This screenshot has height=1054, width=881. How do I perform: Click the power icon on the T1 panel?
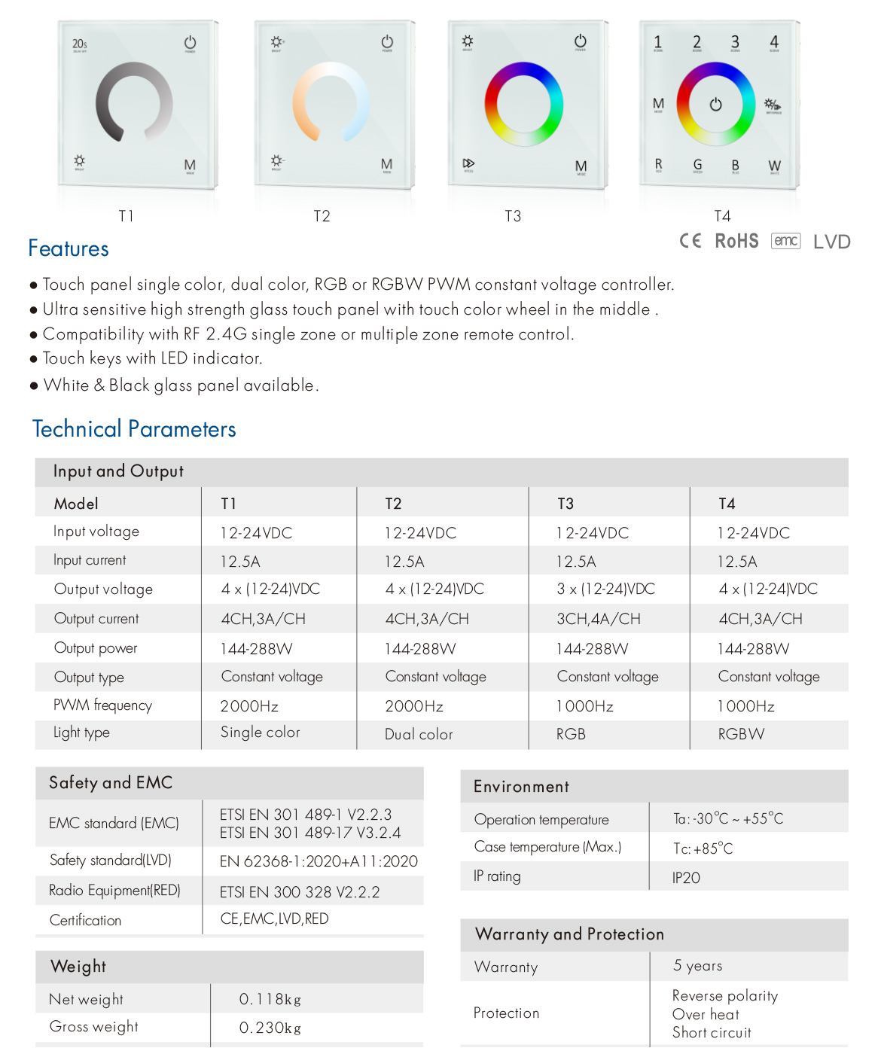point(190,43)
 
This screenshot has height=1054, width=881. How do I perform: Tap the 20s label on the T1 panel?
point(79,44)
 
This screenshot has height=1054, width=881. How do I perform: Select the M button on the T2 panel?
point(386,164)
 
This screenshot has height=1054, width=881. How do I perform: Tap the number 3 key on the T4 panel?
point(735,42)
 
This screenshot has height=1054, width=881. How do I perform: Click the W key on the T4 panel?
point(774,166)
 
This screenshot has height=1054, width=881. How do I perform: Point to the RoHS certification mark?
point(736,241)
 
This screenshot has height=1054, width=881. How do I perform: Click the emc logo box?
point(785,241)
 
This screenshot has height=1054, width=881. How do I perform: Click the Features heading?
point(69,248)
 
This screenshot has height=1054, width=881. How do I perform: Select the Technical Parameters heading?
point(134,429)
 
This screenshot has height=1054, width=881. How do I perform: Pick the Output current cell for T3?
point(599,619)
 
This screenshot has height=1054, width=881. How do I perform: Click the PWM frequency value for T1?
point(249,706)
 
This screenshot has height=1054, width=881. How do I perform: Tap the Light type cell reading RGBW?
point(741,734)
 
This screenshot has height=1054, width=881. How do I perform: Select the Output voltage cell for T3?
point(605,589)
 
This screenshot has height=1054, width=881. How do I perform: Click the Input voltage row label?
point(96,532)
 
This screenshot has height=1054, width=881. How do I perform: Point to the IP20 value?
point(686,878)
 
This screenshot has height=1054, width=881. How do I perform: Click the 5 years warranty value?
point(697,966)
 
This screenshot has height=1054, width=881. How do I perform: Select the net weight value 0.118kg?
point(270,1000)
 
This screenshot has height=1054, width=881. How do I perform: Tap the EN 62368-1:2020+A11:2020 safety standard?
point(319,861)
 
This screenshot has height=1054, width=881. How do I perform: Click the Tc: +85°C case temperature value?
point(703,848)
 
